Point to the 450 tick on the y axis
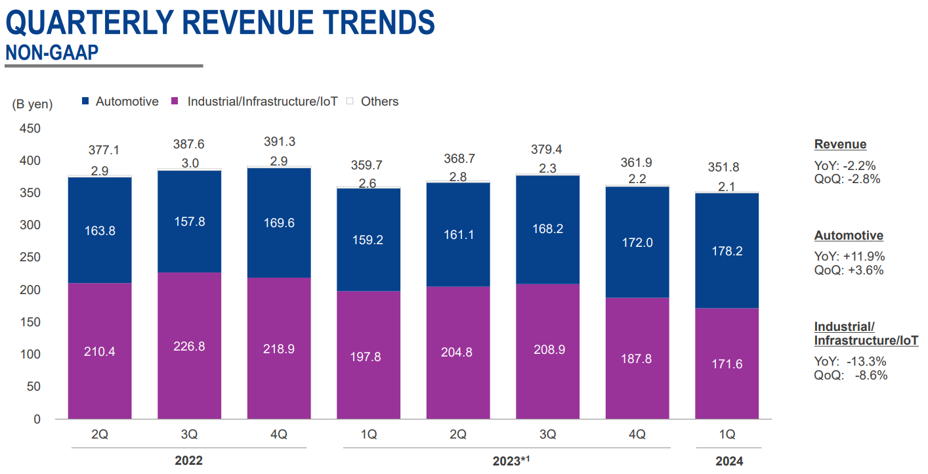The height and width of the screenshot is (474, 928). pyautogui.click(x=30, y=129)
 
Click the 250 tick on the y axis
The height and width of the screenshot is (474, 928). pyautogui.click(x=30, y=258)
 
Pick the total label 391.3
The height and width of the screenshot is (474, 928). pyautogui.click(x=279, y=142)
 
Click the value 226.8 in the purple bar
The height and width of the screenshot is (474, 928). pyautogui.click(x=189, y=346)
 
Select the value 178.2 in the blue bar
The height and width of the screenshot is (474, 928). pyautogui.click(x=727, y=251)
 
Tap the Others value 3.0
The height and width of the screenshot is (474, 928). pyautogui.click(x=189, y=163)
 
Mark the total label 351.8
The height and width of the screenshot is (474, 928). pyautogui.click(x=727, y=167)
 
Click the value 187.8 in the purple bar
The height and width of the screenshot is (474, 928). pyautogui.click(x=637, y=358)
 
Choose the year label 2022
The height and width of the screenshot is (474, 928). pyautogui.click(x=189, y=461)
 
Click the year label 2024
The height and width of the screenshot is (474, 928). pyautogui.click(x=729, y=461)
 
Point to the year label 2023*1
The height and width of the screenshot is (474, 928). pyautogui.click(x=511, y=461)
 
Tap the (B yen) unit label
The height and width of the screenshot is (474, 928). pyautogui.click(x=32, y=104)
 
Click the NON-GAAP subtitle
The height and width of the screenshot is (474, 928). pyautogui.click(x=52, y=53)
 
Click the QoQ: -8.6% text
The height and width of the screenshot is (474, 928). pyautogui.click(x=851, y=376)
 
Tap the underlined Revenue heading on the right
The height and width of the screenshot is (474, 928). pyautogui.click(x=840, y=144)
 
